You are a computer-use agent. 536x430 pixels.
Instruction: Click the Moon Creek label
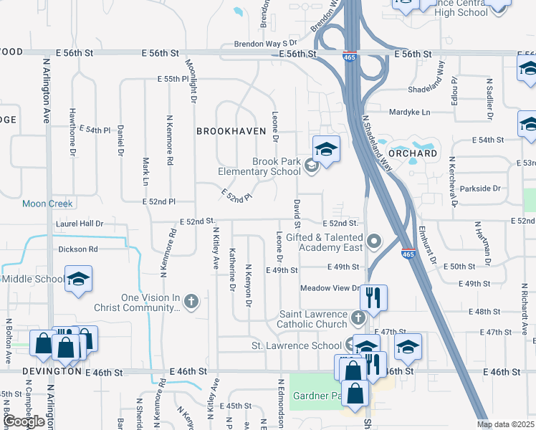47,204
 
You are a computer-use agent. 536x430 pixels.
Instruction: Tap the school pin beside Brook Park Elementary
326,149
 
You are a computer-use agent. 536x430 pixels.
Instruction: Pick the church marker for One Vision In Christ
191,301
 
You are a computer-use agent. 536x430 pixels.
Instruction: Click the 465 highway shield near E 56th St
348,57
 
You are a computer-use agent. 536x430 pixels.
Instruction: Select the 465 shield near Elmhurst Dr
408,254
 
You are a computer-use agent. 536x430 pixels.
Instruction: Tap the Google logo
24,421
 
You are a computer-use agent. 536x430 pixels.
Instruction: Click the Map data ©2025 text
505,424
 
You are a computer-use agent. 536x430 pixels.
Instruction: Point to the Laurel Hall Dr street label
80,224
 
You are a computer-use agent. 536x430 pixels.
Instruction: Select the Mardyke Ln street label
410,113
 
